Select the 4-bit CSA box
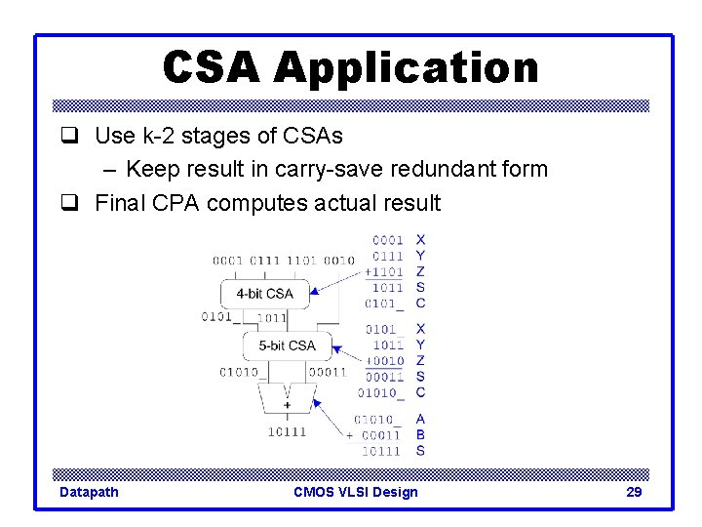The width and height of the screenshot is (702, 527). pyautogui.click(x=264, y=293)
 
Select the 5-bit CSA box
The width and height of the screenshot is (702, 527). pyautogui.click(x=287, y=345)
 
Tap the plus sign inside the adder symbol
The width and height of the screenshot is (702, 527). pyautogui.click(x=288, y=404)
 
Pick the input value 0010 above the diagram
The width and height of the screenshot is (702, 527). pyautogui.click(x=339, y=261)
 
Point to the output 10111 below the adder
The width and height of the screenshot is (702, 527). pyautogui.click(x=288, y=431)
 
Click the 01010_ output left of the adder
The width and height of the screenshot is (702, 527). pyautogui.click(x=239, y=372)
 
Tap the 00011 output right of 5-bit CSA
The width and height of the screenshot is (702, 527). pyautogui.click(x=328, y=372)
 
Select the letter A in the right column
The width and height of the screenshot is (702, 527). pyautogui.click(x=420, y=420)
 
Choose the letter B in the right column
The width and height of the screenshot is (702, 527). pyautogui.click(x=420, y=435)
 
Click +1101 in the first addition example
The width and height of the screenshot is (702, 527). pyautogui.click(x=383, y=271)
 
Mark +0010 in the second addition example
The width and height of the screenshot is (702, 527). pyautogui.click(x=383, y=361)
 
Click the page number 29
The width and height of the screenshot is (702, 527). pyautogui.click(x=634, y=492)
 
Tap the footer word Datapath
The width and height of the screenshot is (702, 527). pyautogui.click(x=89, y=492)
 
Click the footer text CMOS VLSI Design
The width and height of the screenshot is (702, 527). pyautogui.click(x=355, y=492)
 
